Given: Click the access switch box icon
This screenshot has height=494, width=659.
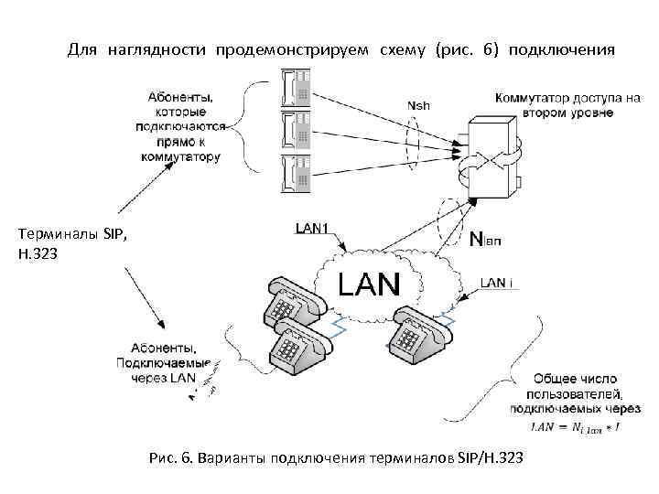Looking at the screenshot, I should (x=491, y=156).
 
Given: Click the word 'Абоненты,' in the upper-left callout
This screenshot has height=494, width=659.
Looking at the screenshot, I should (x=179, y=97).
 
